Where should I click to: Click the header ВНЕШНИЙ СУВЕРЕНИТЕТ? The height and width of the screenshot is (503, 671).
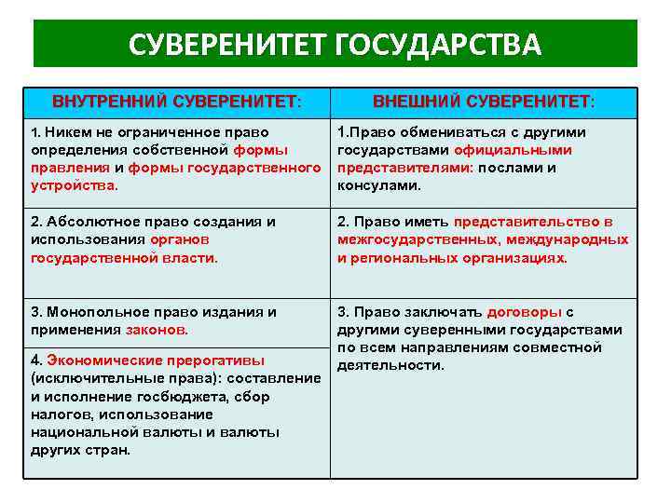click(x=484, y=101)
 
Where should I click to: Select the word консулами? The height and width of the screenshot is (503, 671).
click(x=378, y=184)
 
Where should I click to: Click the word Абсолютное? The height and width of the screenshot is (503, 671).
click(x=96, y=222)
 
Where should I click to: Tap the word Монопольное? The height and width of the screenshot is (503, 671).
click(x=98, y=312)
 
